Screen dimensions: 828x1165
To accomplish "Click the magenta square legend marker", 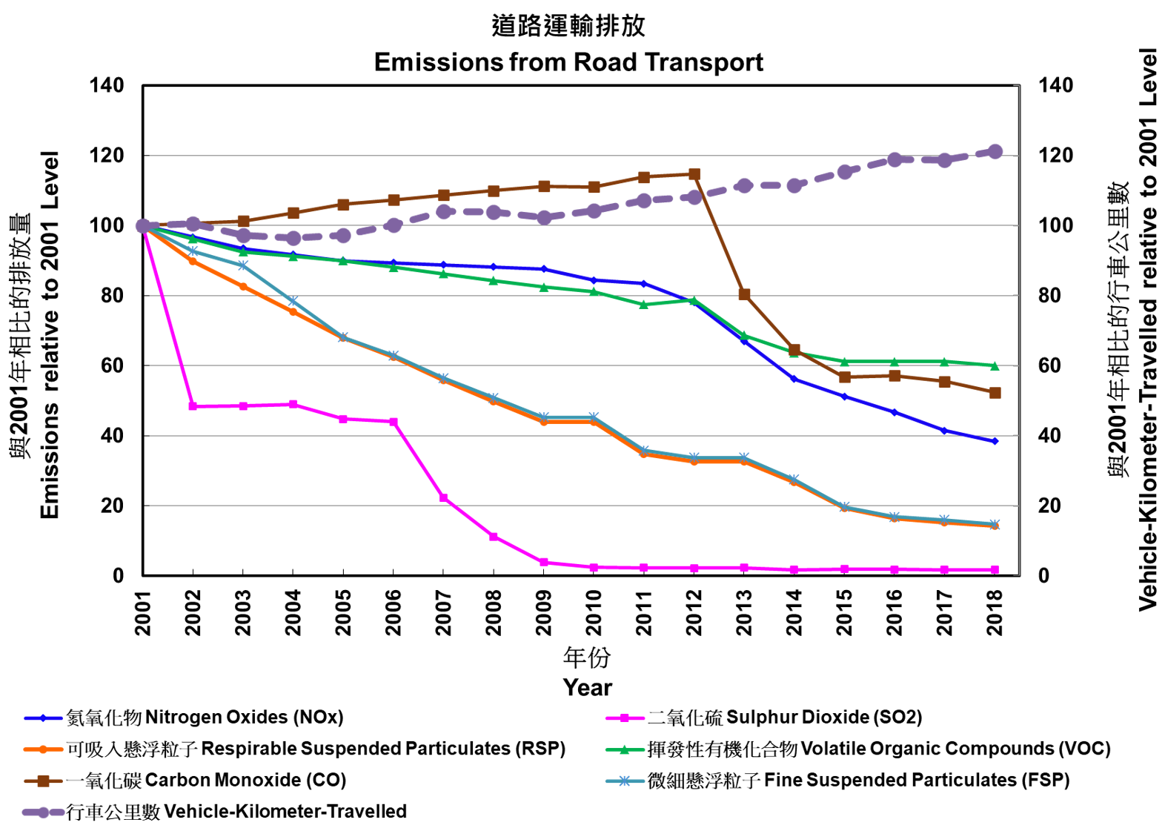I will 625,718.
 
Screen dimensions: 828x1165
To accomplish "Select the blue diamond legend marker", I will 43,718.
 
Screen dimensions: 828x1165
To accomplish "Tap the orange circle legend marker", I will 43,749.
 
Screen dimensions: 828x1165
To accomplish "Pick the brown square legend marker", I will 43,781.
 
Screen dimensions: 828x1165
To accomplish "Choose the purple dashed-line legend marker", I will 43,812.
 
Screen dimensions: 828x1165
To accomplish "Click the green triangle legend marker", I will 625,749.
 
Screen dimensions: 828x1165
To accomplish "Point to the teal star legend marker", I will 625,781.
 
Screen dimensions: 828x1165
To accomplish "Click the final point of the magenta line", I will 995,570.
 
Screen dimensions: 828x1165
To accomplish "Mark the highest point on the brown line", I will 694,173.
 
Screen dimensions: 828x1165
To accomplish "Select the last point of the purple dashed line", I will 995,151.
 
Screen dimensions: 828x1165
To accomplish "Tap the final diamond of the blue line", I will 995,441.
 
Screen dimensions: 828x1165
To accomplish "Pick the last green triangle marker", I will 995,365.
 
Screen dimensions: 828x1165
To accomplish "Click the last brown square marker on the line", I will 995,393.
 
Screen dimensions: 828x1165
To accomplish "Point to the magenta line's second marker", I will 193,406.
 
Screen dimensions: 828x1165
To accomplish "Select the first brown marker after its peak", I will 744,294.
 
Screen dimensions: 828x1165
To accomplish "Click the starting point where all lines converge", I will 143,226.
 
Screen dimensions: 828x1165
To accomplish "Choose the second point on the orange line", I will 193,261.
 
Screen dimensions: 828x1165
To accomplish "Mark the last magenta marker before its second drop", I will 394,422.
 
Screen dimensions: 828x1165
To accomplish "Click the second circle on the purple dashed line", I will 193,223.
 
